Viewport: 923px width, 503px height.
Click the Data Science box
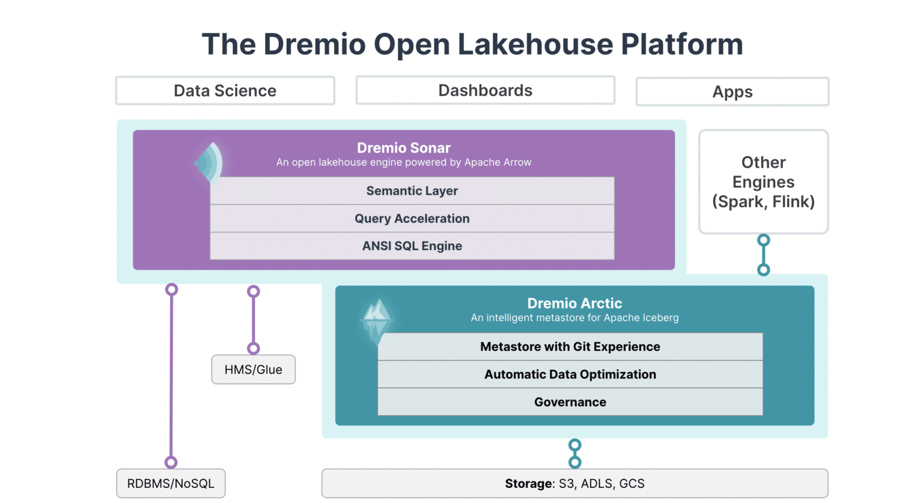[225, 91]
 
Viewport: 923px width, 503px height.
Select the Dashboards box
[485, 90]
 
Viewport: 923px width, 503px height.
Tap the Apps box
[732, 92]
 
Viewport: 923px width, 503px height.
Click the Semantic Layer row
[412, 191]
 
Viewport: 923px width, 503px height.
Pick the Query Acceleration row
[412, 219]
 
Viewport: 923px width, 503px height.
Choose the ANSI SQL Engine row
[412, 246]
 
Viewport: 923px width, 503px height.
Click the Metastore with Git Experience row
[570, 347]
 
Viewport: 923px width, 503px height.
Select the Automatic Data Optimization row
[570, 374]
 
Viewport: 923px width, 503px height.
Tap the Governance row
[570, 402]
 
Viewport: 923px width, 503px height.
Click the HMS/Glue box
[253, 370]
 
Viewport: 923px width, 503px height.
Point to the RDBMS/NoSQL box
[171, 484]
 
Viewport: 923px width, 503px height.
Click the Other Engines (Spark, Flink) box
[763, 182]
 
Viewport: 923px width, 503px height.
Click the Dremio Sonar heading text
[403, 148]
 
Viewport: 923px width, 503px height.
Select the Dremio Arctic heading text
[574, 303]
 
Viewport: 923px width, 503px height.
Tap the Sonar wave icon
[209, 163]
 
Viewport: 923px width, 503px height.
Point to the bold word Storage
[528, 484]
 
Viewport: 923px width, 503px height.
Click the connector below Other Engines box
[763, 255]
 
